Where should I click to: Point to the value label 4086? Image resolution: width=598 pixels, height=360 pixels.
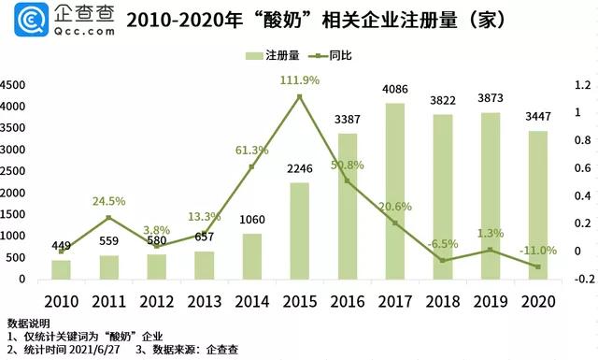(x=396, y=91)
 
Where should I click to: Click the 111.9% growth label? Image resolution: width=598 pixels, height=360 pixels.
(x=299, y=80)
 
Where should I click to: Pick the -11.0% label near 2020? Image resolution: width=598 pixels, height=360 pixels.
(x=537, y=250)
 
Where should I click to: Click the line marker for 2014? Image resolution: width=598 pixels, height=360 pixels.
(x=251, y=167)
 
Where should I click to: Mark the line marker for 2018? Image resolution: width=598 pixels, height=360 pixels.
(x=444, y=260)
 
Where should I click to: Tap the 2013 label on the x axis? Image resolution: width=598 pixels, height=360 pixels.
(x=204, y=301)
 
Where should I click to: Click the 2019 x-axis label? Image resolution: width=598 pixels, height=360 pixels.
(x=491, y=301)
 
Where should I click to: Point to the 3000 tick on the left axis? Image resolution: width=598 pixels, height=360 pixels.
(x=13, y=150)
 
